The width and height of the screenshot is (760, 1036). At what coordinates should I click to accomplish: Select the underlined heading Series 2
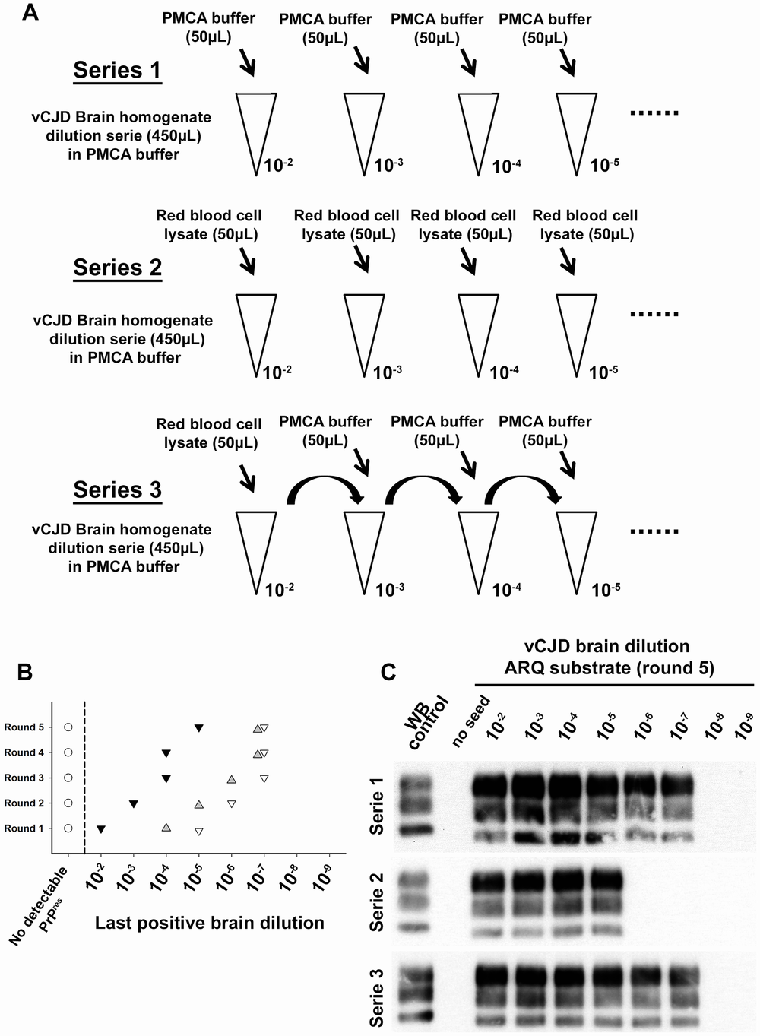(x=118, y=268)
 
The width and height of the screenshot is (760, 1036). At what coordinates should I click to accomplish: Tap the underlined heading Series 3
(x=118, y=490)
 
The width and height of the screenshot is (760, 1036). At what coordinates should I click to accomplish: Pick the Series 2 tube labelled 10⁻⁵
(x=575, y=334)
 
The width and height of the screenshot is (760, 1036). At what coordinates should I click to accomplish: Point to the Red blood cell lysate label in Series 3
(x=209, y=433)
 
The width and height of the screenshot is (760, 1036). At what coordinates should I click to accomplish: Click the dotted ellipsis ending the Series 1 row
(x=654, y=113)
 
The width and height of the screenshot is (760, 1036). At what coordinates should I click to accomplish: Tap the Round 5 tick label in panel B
(x=24, y=727)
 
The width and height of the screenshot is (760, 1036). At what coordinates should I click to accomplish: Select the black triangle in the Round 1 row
(x=100, y=828)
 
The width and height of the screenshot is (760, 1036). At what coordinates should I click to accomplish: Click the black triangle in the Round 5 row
(x=198, y=728)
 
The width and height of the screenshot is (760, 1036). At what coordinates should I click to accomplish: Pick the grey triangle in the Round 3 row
(x=231, y=779)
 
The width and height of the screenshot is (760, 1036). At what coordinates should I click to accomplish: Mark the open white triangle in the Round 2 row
(x=231, y=804)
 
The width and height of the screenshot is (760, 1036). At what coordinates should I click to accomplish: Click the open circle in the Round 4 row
(x=68, y=752)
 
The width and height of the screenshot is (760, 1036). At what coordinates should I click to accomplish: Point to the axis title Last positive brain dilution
(x=210, y=924)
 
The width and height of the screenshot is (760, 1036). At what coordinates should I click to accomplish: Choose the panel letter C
(x=388, y=672)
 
